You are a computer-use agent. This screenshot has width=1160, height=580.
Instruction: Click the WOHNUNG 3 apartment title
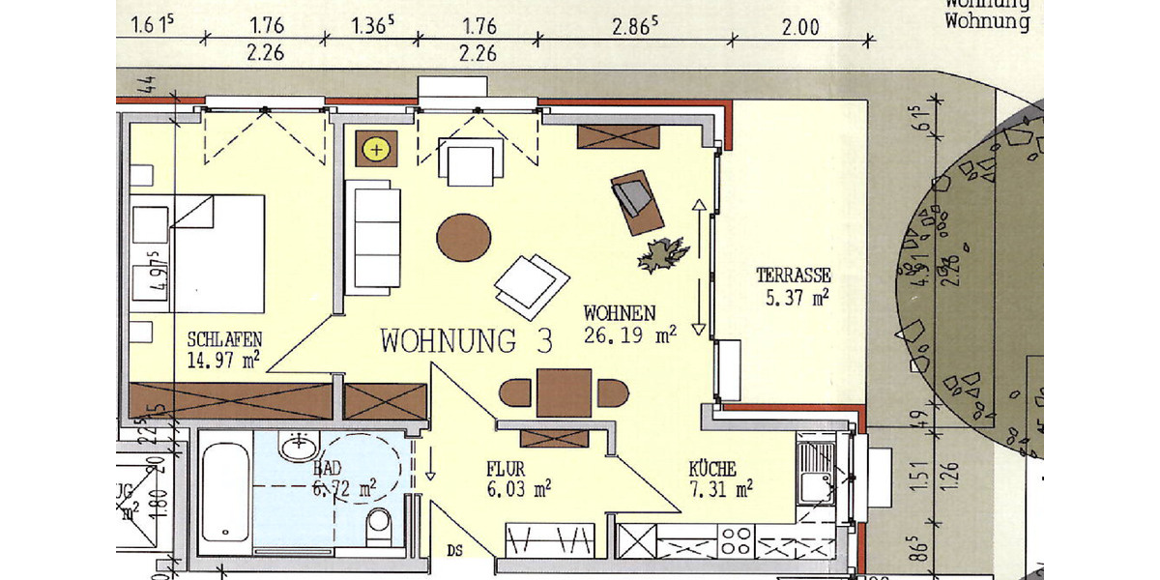pos(467,341)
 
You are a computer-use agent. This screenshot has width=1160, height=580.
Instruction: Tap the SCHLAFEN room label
pos(224,340)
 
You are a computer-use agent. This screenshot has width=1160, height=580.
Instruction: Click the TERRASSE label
pos(794,276)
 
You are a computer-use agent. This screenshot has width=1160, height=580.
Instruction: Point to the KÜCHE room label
pos(712,469)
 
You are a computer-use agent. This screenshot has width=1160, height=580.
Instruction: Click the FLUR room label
pos(505,469)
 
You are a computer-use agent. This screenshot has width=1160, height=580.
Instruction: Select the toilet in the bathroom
pos(380,527)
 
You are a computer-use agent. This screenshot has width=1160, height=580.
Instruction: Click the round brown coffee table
pos(464,237)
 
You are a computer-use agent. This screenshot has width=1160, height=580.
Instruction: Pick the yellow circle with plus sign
pos(375,150)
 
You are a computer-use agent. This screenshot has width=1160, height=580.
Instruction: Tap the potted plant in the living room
pos(663,254)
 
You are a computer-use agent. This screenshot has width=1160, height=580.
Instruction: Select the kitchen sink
pos(815,471)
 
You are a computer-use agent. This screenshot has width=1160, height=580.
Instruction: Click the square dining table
pos(564,392)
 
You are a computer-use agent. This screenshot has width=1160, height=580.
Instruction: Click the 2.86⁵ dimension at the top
pos(636,27)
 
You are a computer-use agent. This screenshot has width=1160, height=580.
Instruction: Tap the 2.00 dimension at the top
pos(799,27)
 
